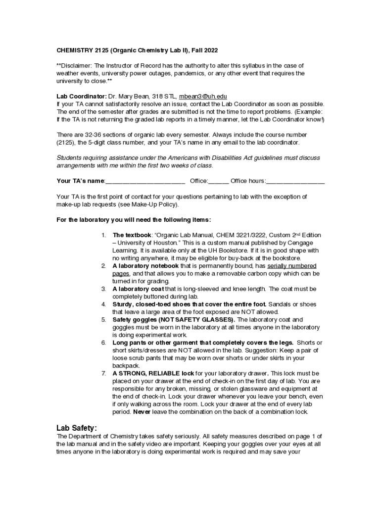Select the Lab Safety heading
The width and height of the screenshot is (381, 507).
coord(77,428)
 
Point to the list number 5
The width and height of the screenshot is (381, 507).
coord(103,320)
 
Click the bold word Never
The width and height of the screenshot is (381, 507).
coord(141,412)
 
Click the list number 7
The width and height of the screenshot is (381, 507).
coord(103,373)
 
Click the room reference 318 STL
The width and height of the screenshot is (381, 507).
coord(164,96)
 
